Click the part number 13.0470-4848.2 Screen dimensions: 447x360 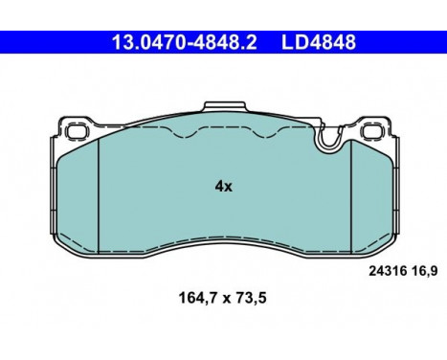point(185,42)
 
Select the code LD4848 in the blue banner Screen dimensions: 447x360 point(319,42)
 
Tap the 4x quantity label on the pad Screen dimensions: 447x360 point(224,186)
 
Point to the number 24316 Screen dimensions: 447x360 point(388,271)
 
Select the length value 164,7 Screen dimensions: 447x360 point(198,299)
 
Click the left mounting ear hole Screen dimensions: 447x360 point(76,131)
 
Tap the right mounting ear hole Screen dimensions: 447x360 point(373,131)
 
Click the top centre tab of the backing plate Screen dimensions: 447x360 point(225,107)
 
